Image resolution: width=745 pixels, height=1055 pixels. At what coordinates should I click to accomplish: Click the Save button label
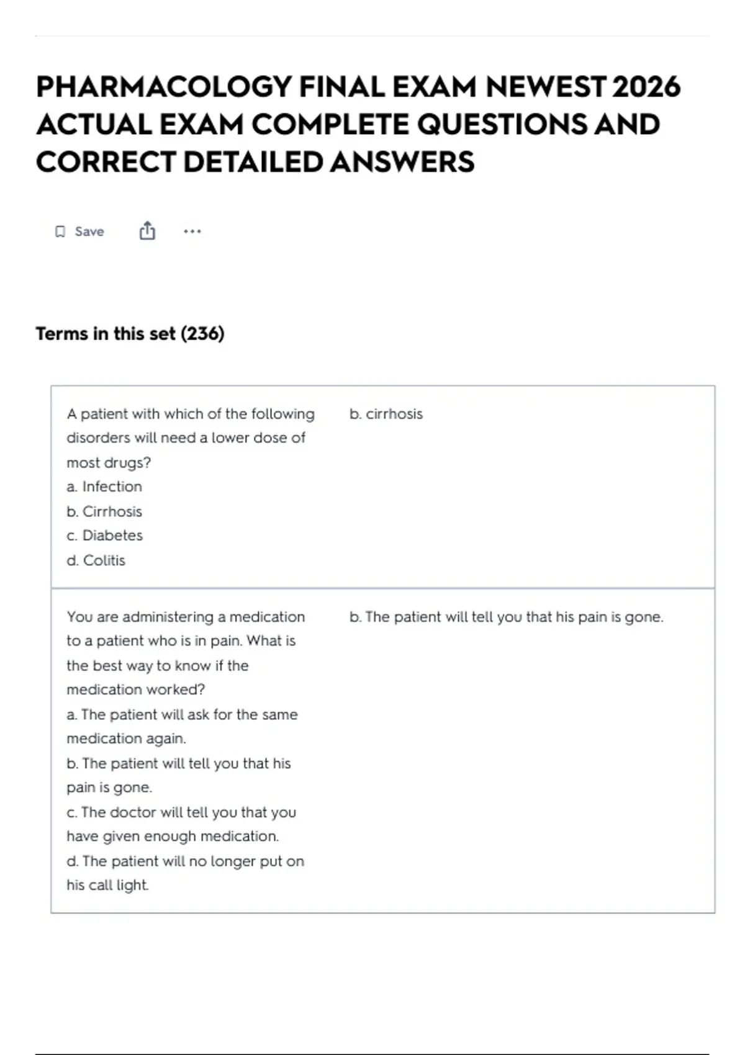tap(89, 231)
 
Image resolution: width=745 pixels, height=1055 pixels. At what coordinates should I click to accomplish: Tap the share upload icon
tap(147, 231)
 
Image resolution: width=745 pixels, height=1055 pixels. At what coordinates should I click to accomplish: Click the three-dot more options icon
tap(192, 231)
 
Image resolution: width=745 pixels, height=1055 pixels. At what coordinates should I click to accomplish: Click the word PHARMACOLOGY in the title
tap(163, 87)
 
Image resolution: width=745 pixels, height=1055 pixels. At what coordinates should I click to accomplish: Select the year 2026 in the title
tap(646, 87)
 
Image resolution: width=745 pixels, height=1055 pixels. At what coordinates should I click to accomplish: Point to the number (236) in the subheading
tap(202, 334)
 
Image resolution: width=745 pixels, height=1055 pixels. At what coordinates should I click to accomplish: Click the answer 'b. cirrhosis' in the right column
tap(386, 414)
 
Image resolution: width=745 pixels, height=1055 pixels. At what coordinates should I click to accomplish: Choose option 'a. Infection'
tap(104, 487)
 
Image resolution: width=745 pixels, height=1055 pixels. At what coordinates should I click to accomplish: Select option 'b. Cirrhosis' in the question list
tap(104, 511)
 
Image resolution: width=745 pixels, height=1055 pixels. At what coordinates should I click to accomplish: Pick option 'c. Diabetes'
tap(104, 536)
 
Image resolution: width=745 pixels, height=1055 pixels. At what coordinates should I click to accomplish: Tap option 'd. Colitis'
tap(96, 560)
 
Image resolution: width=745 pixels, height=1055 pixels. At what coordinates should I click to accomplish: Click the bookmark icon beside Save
tap(60, 231)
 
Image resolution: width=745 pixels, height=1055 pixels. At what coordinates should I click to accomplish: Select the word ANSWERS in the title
tap(402, 163)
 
